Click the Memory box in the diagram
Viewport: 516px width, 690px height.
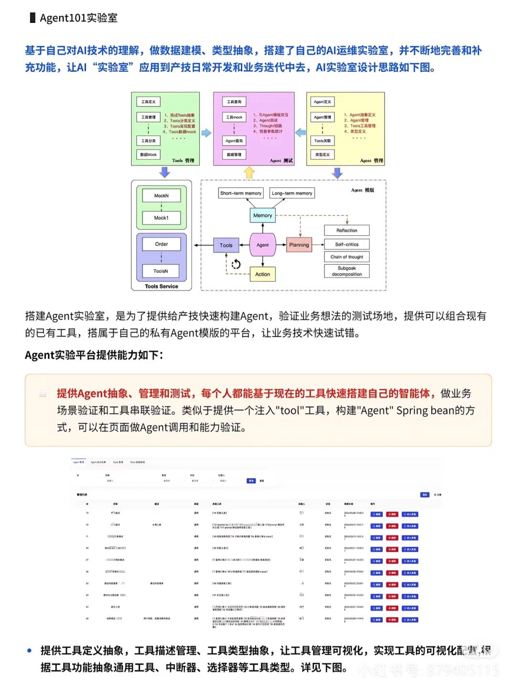point(262,216)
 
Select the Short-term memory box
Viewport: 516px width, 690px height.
point(240,193)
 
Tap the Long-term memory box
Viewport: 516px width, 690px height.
point(291,193)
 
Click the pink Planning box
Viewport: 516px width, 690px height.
point(299,245)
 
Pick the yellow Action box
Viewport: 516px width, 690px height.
point(262,274)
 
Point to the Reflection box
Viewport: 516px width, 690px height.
point(346,230)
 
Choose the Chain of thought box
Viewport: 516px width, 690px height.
point(346,257)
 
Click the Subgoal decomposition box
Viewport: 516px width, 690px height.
point(346,271)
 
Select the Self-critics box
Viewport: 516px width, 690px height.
point(346,244)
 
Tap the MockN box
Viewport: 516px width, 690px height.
point(161,195)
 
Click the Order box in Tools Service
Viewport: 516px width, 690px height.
point(161,244)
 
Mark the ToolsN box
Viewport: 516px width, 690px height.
point(161,271)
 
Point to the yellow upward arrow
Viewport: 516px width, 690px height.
point(249,172)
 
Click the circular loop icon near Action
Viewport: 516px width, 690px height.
point(236,264)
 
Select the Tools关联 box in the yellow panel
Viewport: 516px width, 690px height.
point(322,140)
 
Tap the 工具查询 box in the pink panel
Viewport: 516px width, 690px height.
point(234,102)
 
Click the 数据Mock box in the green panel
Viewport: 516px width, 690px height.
point(148,154)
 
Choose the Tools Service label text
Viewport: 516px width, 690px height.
point(161,286)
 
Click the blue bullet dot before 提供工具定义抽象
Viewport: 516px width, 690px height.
point(30,650)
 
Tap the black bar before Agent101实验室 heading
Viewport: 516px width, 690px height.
point(32,18)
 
